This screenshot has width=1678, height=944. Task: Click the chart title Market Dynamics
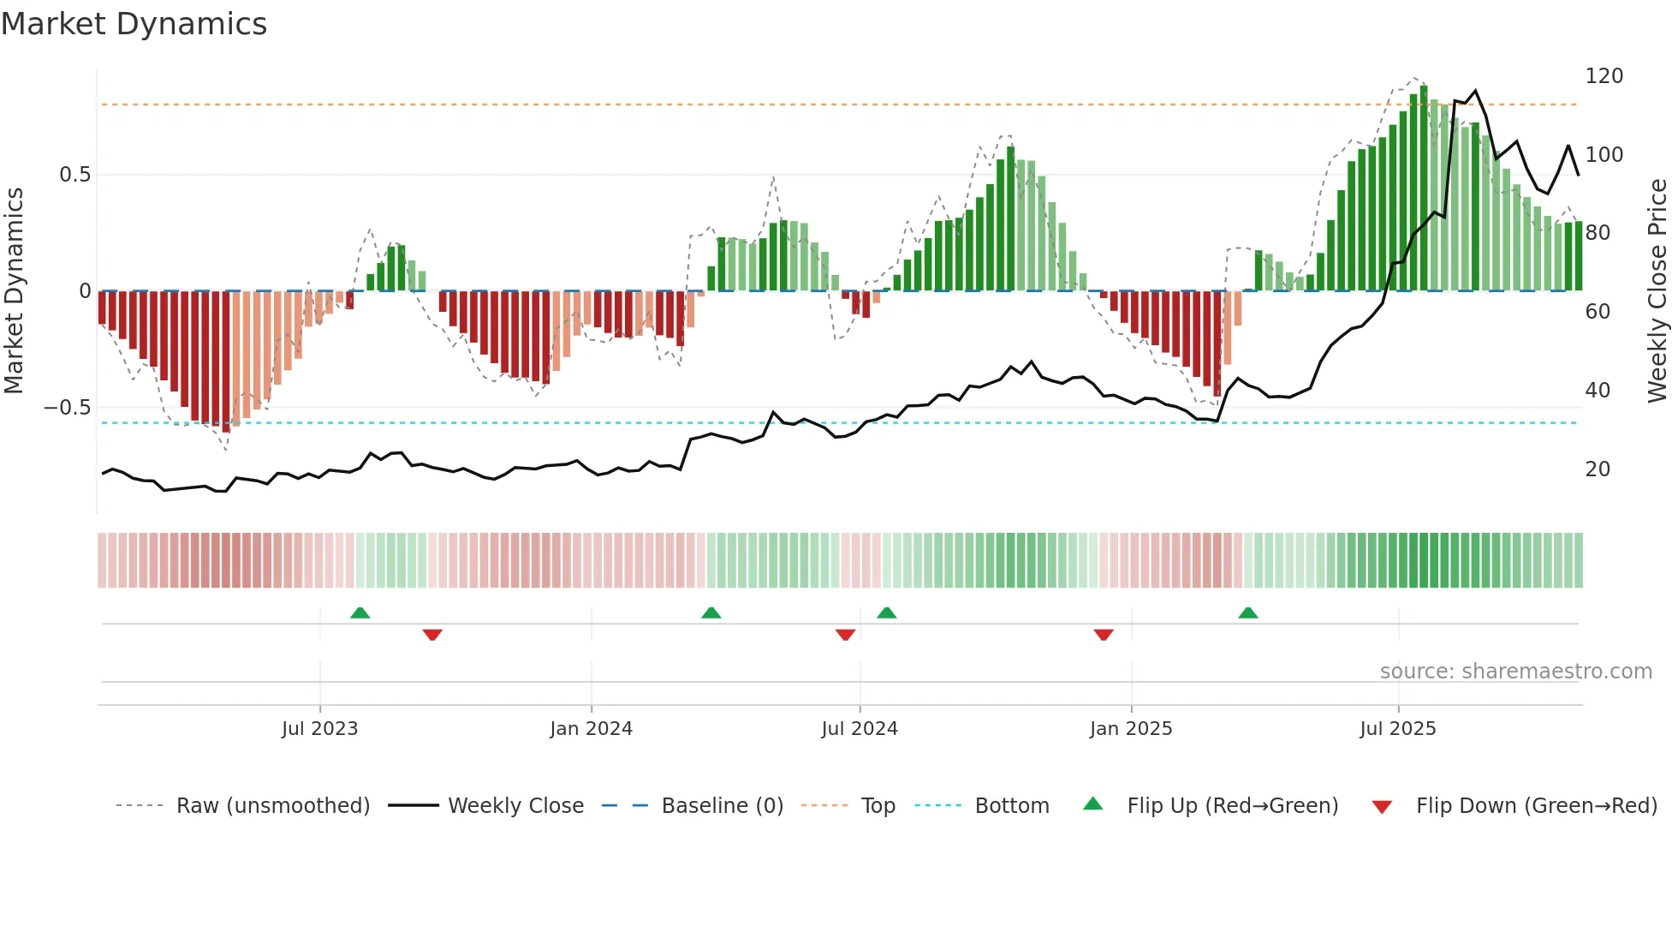coord(134,24)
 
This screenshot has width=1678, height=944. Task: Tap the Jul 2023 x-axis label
coord(319,729)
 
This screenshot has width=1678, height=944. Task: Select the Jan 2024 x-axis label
coord(591,729)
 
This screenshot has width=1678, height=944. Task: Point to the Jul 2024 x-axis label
coord(860,729)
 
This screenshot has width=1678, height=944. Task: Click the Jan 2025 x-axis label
coord(1131,729)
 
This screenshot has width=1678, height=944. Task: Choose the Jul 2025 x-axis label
coord(1398,729)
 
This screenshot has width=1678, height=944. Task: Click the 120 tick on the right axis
coord(1604,76)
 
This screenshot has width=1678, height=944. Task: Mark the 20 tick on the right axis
coord(1598,469)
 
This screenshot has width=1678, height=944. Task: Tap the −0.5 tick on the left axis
coord(67,408)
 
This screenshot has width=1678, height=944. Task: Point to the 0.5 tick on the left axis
coord(74,175)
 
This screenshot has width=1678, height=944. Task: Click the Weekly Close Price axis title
coord(1657,291)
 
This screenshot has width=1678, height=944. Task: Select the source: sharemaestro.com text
coord(1515,672)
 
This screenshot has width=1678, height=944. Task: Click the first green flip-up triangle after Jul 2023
coord(360,612)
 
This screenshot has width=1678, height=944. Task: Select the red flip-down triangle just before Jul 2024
coord(845,635)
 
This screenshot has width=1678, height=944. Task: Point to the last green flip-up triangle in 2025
coord(1247,612)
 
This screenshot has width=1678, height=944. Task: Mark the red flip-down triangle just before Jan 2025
coord(1104,635)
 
